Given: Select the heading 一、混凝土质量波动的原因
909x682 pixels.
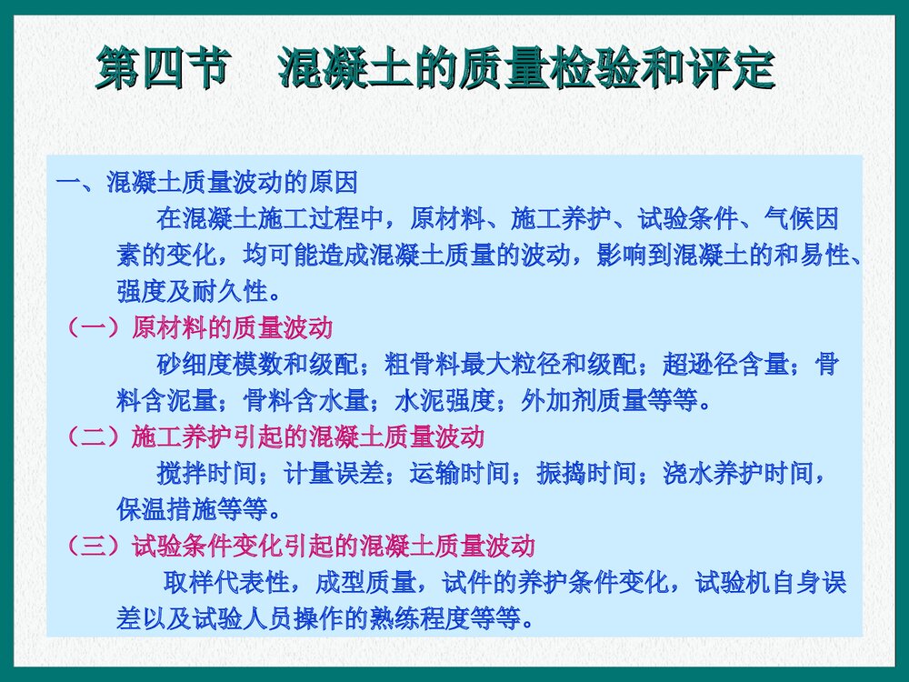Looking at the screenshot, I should pyautogui.click(x=206, y=183).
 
